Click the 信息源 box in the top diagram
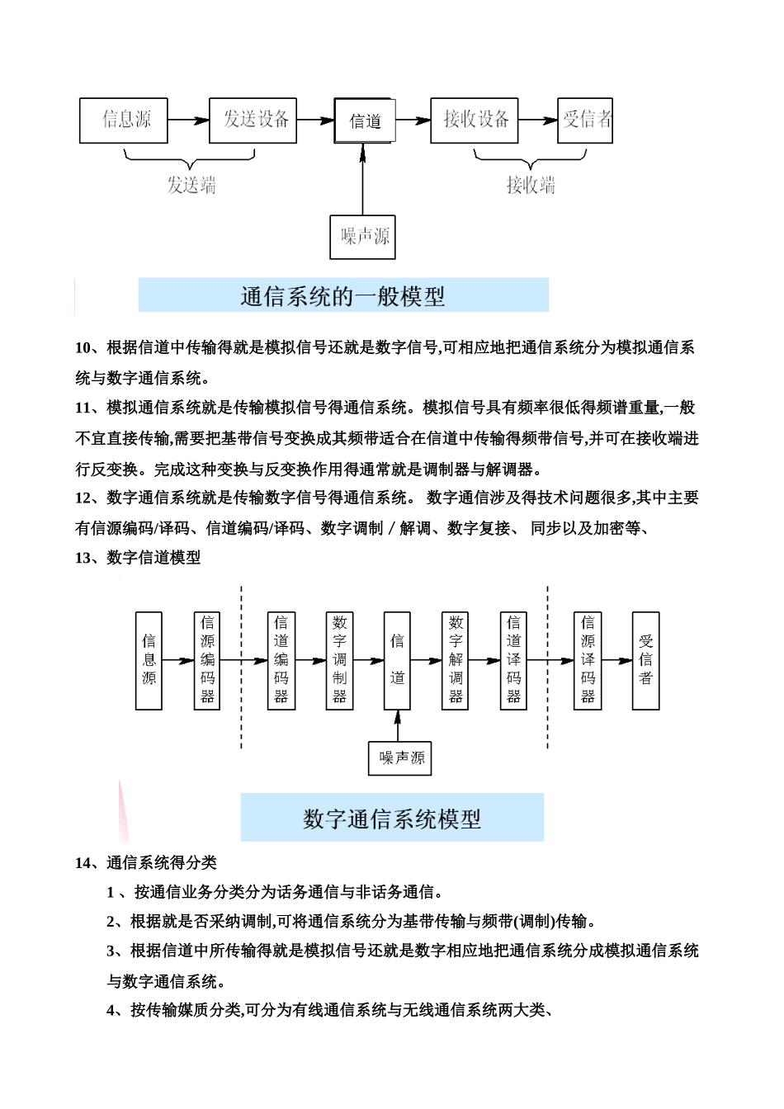[124, 120]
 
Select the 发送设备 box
[253, 120]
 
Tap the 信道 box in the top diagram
[365, 121]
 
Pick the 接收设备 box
[475, 120]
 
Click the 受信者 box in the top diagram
[585, 120]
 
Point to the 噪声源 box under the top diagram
[362, 237]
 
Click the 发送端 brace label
[191, 185]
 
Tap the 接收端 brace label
[531, 185]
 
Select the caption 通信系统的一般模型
[343, 295]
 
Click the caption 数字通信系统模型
[392, 818]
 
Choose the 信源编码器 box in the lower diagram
[207, 660]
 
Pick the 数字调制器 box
[339, 660]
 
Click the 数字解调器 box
[456, 660]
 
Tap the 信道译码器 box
[513, 660]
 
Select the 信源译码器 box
[588, 660]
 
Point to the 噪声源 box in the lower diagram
[399, 757]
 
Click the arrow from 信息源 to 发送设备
[188, 120]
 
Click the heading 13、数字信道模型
[138, 558]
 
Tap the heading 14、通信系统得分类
[146, 863]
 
